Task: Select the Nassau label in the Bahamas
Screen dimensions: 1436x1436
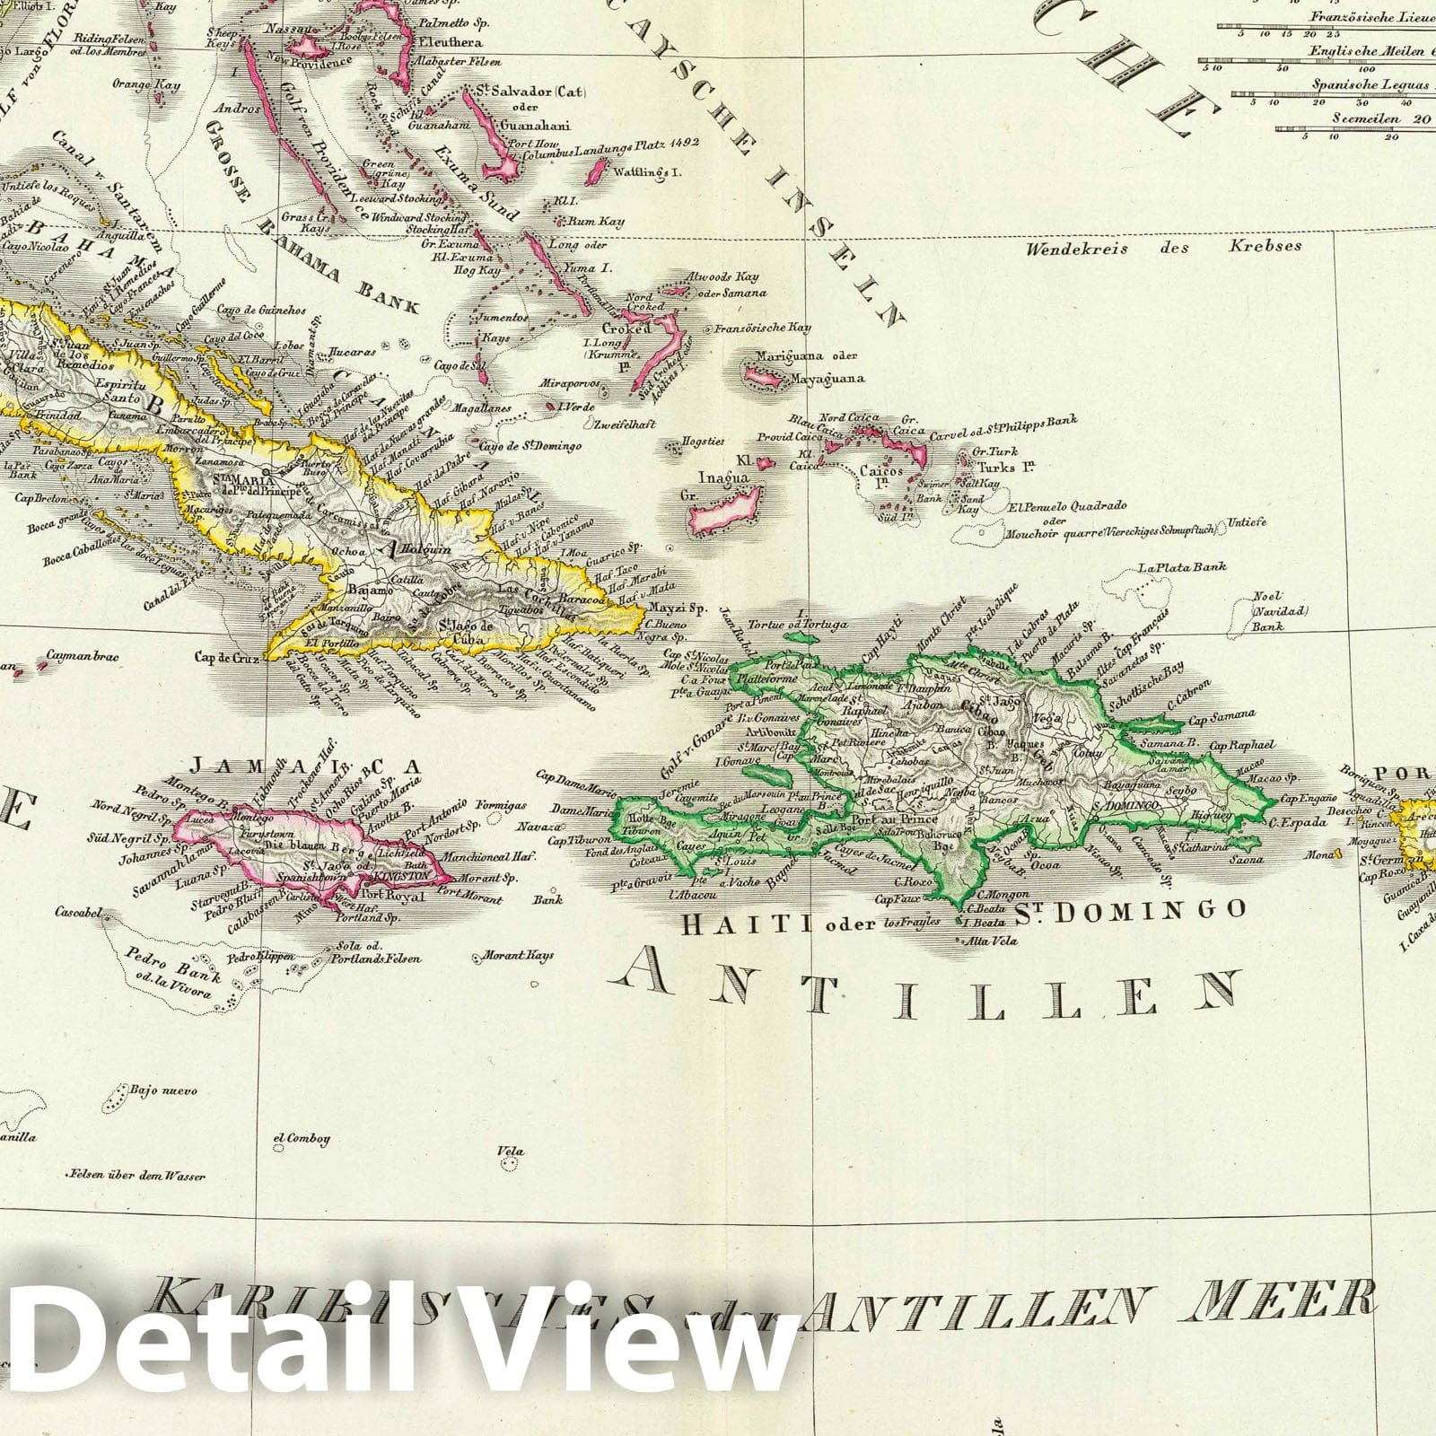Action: pyautogui.click(x=285, y=29)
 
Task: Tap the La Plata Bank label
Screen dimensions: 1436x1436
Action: pyautogui.click(x=1181, y=567)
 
